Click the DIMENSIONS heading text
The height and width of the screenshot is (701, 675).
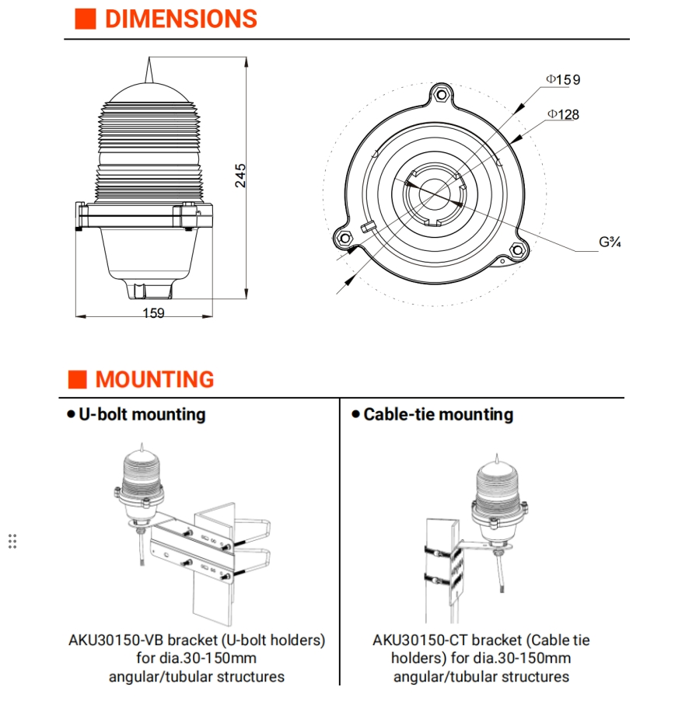180,19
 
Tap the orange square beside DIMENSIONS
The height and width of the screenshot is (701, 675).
85,19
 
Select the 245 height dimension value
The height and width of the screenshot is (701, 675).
241,175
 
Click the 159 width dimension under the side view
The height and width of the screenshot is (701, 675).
153,313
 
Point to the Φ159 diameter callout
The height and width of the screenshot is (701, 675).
562,79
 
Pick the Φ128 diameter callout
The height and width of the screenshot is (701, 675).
562,114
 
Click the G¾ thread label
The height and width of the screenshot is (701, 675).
610,242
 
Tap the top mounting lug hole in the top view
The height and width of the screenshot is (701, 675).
442,96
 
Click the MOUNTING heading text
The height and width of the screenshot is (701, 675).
155,380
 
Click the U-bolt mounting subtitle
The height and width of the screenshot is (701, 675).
142,414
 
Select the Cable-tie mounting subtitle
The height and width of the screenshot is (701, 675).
438,414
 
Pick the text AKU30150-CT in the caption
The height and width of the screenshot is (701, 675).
420,640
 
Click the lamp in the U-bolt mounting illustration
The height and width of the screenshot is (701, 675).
141,482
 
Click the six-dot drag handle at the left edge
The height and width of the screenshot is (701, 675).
12,541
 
